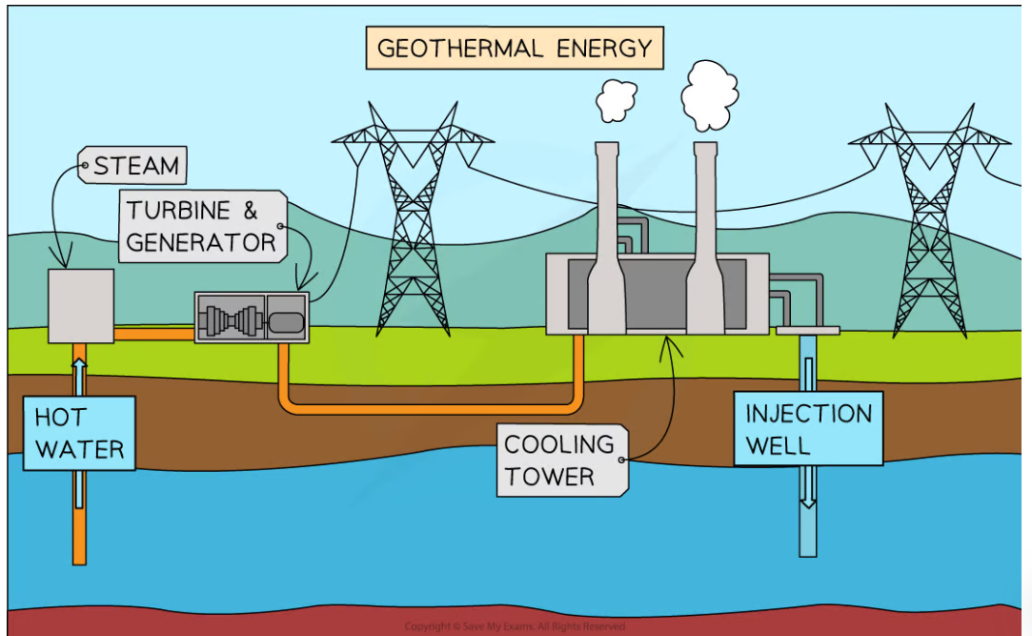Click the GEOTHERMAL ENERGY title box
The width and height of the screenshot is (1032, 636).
(515, 49)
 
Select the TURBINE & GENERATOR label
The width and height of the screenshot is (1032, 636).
(203, 226)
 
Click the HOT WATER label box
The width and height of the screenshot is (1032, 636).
(79, 433)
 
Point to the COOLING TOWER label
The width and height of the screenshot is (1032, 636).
(560, 460)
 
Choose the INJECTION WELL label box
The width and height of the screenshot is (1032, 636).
(808, 429)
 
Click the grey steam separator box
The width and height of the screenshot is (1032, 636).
(81, 305)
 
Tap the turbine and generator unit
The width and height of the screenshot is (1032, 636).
(252, 318)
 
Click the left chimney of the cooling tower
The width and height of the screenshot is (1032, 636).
(606, 248)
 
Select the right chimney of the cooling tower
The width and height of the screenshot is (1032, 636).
(705, 248)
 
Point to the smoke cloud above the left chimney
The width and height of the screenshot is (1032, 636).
(616, 98)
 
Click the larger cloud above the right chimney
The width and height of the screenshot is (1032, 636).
(709, 94)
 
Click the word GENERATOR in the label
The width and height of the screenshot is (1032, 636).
(201, 242)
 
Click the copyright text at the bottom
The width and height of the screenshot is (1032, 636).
(515, 626)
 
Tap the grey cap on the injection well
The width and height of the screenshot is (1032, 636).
(808, 331)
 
